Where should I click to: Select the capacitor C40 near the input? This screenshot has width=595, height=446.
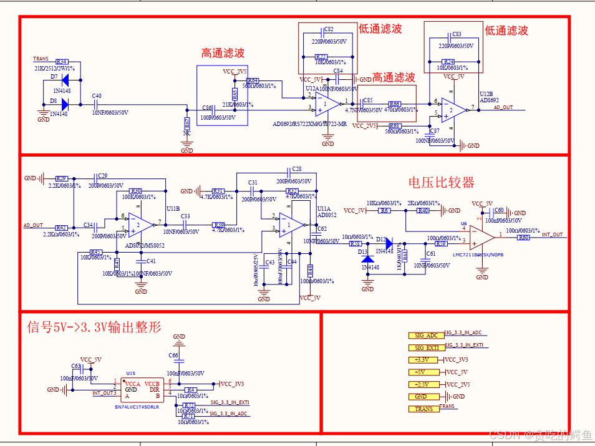click(97, 104)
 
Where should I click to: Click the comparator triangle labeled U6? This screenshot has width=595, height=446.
click(482, 236)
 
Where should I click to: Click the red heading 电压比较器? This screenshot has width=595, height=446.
click(441, 182)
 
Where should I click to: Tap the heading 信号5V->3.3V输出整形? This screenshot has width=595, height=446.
click(94, 327)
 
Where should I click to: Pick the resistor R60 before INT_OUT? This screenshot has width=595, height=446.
click(523, 237)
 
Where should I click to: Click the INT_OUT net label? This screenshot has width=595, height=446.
click(552, 235)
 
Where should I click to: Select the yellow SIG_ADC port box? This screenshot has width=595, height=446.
click(426, 336)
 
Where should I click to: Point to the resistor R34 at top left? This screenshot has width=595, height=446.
click(61, 62)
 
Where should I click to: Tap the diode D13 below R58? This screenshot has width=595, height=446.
click(367, 258)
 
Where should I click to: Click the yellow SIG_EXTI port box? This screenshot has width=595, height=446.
click(426, 348)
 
